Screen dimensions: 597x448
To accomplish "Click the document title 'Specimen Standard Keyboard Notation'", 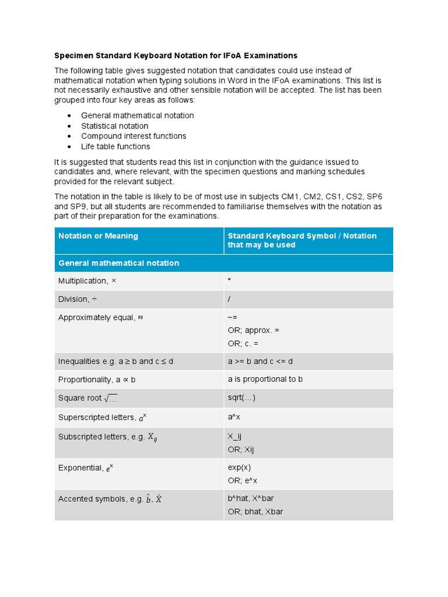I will (x=176, y=55).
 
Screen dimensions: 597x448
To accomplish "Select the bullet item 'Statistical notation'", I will (x=114, y=126).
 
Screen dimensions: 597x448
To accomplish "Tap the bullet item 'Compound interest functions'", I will (x=134, y=136).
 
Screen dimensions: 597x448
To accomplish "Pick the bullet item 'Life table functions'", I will (x=116, y=146).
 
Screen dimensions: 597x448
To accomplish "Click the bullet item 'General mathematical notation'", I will (x=137, y=115).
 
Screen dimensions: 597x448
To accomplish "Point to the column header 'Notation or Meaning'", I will (x=98, y=236).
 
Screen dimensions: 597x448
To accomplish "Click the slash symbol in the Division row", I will (x=229, y=299).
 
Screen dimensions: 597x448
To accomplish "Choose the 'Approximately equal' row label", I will (x=100, y=317).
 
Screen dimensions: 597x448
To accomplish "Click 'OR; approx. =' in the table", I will (x=253, y=330).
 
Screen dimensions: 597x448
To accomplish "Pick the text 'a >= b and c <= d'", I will (x=260, y=361).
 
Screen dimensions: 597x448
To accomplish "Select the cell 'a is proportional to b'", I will (x=265, y=379).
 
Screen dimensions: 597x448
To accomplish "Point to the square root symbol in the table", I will (x=111, y=399).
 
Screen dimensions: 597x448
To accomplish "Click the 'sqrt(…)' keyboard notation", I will (x=242, y=398).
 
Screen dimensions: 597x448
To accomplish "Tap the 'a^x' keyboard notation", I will (x=234, y=417).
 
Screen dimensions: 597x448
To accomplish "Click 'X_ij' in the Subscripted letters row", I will (x=235, y=436).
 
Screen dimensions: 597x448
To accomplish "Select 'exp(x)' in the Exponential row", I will (x=239, y=468).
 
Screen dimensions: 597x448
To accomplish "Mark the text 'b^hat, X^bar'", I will (x=250, y=499).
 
